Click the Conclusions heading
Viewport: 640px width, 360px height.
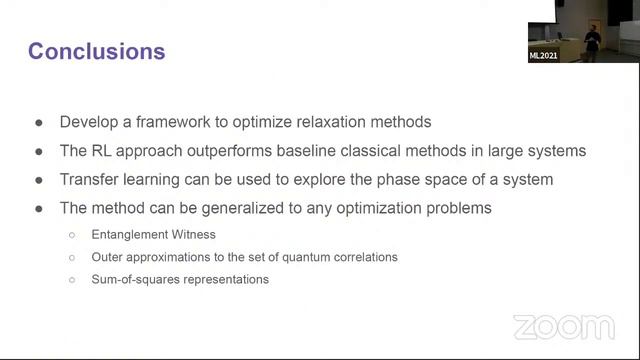click(97, 49)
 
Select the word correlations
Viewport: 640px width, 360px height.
click(361, 257)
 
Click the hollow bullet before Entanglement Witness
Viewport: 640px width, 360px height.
click(72, 234)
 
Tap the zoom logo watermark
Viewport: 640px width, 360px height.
click(563, 327)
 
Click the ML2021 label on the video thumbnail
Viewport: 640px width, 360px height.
click(543, 56)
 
